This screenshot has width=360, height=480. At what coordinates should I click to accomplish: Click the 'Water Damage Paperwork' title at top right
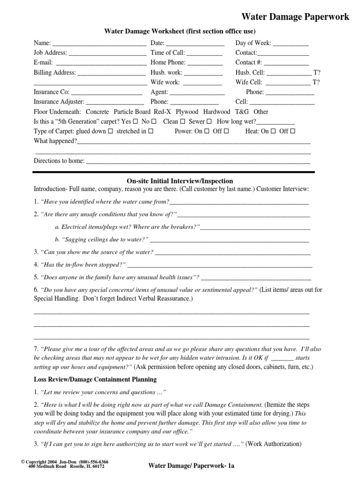295,17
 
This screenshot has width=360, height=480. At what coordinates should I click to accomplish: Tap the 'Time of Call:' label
168,53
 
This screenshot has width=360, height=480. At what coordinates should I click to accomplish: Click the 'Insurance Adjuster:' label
59,102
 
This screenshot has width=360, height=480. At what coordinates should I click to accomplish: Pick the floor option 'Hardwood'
217,112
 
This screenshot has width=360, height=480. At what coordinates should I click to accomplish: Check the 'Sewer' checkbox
209,121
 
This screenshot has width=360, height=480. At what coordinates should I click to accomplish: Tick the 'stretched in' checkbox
151,131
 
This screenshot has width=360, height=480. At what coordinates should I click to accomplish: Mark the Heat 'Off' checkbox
292,131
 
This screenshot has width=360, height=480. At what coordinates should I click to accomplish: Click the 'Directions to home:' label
59,161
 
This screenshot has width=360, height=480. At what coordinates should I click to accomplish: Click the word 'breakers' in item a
183,227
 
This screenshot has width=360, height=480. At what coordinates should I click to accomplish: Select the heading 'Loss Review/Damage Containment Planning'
95,379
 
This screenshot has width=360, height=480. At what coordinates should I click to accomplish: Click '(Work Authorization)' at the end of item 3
273,444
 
